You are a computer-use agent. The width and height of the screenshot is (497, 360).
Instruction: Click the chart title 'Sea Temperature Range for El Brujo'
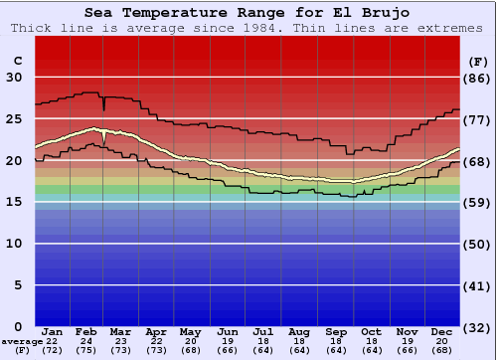coord(247,12)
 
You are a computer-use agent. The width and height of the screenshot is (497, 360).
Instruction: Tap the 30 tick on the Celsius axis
coord(15,77)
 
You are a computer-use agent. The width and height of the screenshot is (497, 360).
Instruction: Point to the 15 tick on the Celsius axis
coord(15,202)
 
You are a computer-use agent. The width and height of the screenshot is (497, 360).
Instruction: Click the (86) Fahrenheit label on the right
coord(479,78)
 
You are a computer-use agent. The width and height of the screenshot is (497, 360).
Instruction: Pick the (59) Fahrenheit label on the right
coord(479,203)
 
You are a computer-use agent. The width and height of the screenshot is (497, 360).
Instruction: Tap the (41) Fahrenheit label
coord(479,285)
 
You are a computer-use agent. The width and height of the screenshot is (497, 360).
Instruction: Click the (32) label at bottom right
coord(479,327)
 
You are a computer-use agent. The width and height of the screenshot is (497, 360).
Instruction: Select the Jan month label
coord(53,331)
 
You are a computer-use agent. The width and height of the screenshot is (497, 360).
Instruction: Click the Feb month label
coord(87,331)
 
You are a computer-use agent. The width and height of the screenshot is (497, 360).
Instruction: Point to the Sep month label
coord(335,331)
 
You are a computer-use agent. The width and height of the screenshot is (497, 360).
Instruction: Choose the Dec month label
coord(441,331)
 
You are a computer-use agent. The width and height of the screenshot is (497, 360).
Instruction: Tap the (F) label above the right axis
coord(478,60)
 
